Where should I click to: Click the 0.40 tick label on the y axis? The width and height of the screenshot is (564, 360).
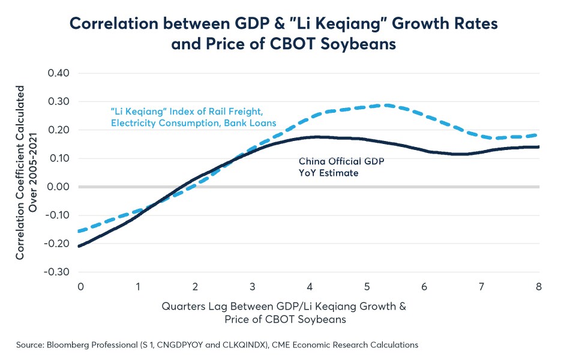point(58,73)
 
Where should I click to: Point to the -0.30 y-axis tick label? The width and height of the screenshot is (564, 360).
point(56,272)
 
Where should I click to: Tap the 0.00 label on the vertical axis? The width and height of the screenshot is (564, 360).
point(58,187)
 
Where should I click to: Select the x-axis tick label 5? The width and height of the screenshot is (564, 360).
point(367,287)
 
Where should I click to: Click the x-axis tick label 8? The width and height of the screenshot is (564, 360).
point(538,287)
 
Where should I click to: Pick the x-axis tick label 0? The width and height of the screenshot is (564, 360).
point(80,287)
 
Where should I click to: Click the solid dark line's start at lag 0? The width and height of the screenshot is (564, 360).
point(79,246)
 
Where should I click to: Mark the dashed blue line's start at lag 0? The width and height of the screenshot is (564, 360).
point(79,231)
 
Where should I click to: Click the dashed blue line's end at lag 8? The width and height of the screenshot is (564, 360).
point(538,135)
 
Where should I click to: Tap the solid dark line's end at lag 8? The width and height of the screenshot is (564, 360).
point(538,147)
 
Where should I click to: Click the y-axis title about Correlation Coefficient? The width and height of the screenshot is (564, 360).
point(26,173)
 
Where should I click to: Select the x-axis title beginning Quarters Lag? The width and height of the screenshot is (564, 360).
point(284,313)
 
